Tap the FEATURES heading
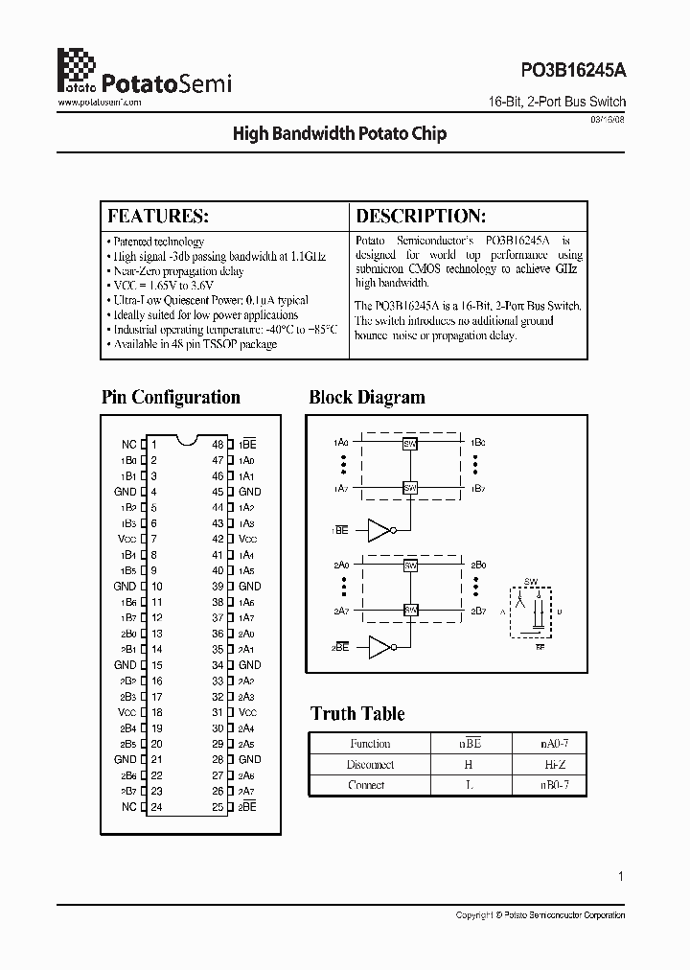tap(158, 216)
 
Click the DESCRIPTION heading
tap(421, 216)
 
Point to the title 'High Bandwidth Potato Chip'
tap(339, 134)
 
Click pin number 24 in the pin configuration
tap(157, 807)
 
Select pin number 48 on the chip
tap(218, 445)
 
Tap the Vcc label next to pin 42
tap(247, 539)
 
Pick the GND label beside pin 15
tap(126, 665)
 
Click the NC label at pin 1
tap(128, 445)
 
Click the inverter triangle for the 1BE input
tap(379, 530)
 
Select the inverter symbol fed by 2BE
tap(379, 649)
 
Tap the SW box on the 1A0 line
tap(410, 444)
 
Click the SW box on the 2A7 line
tap(410, 610)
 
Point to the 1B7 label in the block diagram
tap(479, 488)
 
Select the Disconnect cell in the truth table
tap(370, 764)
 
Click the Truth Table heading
tap(357, 713)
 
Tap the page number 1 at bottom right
tap(621, 875)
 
